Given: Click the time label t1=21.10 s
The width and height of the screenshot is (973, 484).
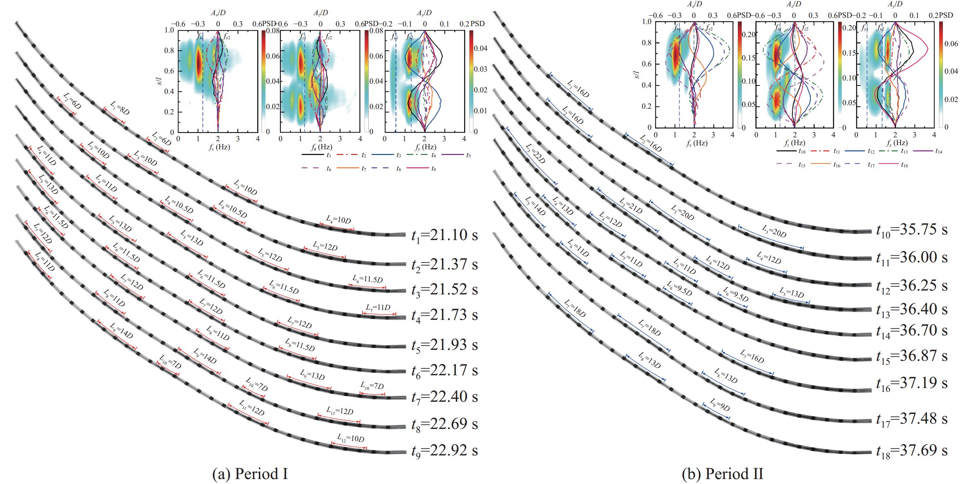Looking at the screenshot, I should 444,235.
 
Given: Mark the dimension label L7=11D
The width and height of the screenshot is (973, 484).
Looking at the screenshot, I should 378,307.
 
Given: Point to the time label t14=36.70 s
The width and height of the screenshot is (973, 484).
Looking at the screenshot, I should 912,331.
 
